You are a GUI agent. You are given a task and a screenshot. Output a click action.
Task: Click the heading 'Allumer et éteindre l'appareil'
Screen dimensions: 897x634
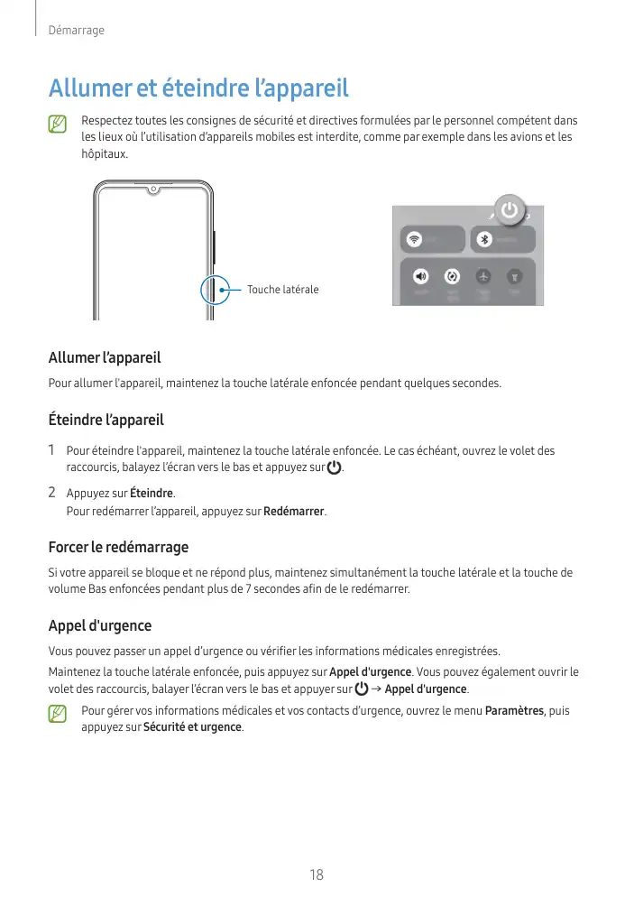pyautogui.click(x=198, y=89)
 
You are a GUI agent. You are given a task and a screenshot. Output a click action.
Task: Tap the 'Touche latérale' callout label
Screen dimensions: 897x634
pyautogui.click(x=282, y=290)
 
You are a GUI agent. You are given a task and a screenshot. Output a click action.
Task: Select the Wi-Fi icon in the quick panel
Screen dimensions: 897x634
pyautogui.click(x=414, y=239)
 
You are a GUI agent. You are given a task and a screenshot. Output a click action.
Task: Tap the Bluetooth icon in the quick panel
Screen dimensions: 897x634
pyautogui.click(x=482, y=239)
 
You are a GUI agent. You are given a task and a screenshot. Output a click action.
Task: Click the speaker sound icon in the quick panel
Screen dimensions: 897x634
pyautogui.click(x=421, y=276)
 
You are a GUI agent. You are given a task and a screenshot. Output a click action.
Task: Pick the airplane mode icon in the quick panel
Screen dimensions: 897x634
pyautogui.click(x=483, y=276)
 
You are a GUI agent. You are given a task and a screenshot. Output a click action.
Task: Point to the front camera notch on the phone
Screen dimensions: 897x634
pyautogui.click(x=153, y=190)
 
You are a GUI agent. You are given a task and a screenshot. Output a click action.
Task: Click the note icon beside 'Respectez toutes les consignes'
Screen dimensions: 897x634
pyautogui.click(x=59, y=123)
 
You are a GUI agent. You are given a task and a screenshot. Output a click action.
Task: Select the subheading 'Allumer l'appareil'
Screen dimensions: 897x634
pyautogui.click(x=104, y=358)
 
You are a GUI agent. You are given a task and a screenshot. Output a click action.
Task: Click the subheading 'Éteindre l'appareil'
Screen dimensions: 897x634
pyautogui.click(x=106, y=420)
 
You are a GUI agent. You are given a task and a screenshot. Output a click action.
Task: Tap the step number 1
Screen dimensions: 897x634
pyautogui.click(x=52, y=449)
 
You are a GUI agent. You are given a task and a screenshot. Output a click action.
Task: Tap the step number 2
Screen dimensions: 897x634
pyautogui.click(x=52, y=493)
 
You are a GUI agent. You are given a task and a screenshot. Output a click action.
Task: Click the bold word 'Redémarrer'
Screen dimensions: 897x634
pyautogui.click(x=293, y=512)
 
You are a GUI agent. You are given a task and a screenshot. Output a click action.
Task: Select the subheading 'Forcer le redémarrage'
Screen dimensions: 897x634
pyautogui.click(x=118, y=547)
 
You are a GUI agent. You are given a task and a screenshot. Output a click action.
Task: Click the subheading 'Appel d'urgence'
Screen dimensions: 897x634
pyautogui.click(x=99, y=625)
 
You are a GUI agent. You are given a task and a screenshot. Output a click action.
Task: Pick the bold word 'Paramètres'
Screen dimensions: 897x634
pyautogui.click(x=514, y=711)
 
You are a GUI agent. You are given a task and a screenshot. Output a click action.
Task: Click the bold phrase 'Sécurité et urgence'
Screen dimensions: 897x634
pyautogui.click(x=192, y=727)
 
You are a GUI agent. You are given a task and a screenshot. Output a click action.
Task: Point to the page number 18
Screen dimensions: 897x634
pyautogui.click(x=317, y=874)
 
